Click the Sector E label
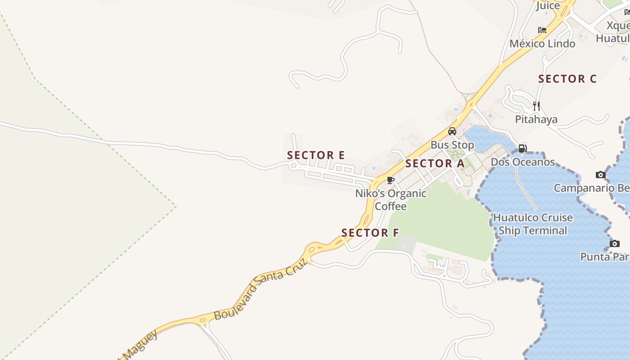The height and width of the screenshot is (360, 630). (316, 155)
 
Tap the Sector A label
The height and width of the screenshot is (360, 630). (435, 163)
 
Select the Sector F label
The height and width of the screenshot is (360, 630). (370, 233)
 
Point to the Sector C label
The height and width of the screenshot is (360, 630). (567, 79)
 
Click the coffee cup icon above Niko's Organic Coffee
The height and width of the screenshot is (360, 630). (391, 180)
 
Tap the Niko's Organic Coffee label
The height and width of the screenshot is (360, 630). (391, 200)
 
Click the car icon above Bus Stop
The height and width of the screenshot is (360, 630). (452, 131)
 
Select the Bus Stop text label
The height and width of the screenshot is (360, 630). (452, 145)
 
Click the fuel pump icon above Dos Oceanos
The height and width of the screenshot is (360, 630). (522, 148)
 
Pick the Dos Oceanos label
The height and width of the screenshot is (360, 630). (523, 162)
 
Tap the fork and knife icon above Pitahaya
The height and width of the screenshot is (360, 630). (536, 106)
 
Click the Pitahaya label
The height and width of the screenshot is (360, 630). (536, 119)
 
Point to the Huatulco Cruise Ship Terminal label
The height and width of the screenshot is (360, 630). (533, 224)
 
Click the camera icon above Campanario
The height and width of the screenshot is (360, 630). (601, 175)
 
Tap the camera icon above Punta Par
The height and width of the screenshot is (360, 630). (615, 243)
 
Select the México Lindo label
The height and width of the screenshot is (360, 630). (542, 44)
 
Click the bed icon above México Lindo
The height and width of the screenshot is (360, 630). (542, 30)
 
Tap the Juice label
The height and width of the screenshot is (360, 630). (548, 6)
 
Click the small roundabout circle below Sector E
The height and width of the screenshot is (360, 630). (293, 166)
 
